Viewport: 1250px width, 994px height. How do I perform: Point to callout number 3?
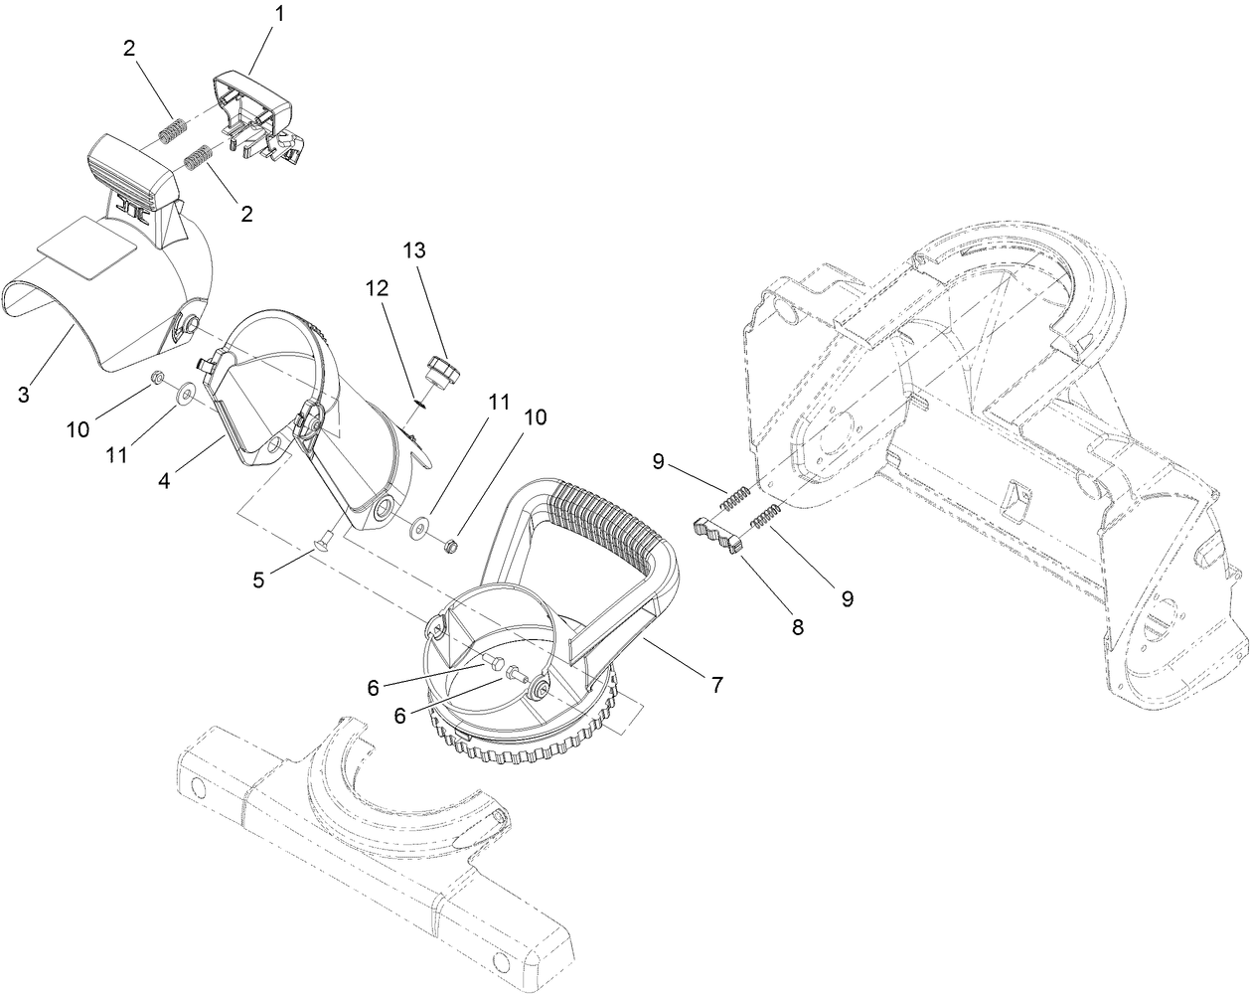click(x=24, y=394)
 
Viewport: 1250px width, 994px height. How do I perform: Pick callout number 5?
click(x=258, y=580)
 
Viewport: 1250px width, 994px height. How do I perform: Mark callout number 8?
click(x=798, y=627)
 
